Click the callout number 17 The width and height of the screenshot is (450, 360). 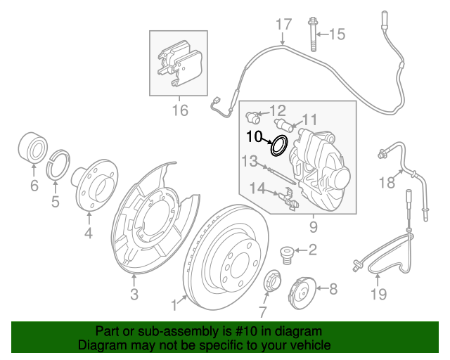point(283,25)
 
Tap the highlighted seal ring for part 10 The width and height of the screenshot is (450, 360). point(279,146)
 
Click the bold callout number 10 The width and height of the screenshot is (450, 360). point(254,135)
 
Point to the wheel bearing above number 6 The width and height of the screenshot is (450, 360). point(31,148)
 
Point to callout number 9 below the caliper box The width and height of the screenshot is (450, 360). point(313,227)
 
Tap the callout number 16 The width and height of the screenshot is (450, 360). point(180,110)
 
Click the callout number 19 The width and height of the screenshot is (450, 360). point(378,294)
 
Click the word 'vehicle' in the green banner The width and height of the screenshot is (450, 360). point(306,346)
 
